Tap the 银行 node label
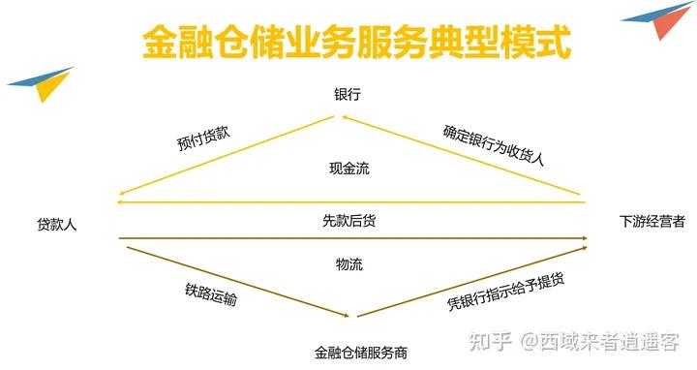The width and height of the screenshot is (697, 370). tap(348, 95)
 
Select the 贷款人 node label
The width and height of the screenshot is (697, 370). tap(57, 223)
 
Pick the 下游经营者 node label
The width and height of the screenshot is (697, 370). tap(652, 222)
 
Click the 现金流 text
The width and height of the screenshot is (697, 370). tap(349, 170)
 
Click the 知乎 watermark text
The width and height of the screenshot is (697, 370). tap(490, 342)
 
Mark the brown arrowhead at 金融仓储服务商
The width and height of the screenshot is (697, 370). tap(345, 315)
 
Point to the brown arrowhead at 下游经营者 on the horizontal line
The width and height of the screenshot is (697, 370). tap(585, 238)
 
